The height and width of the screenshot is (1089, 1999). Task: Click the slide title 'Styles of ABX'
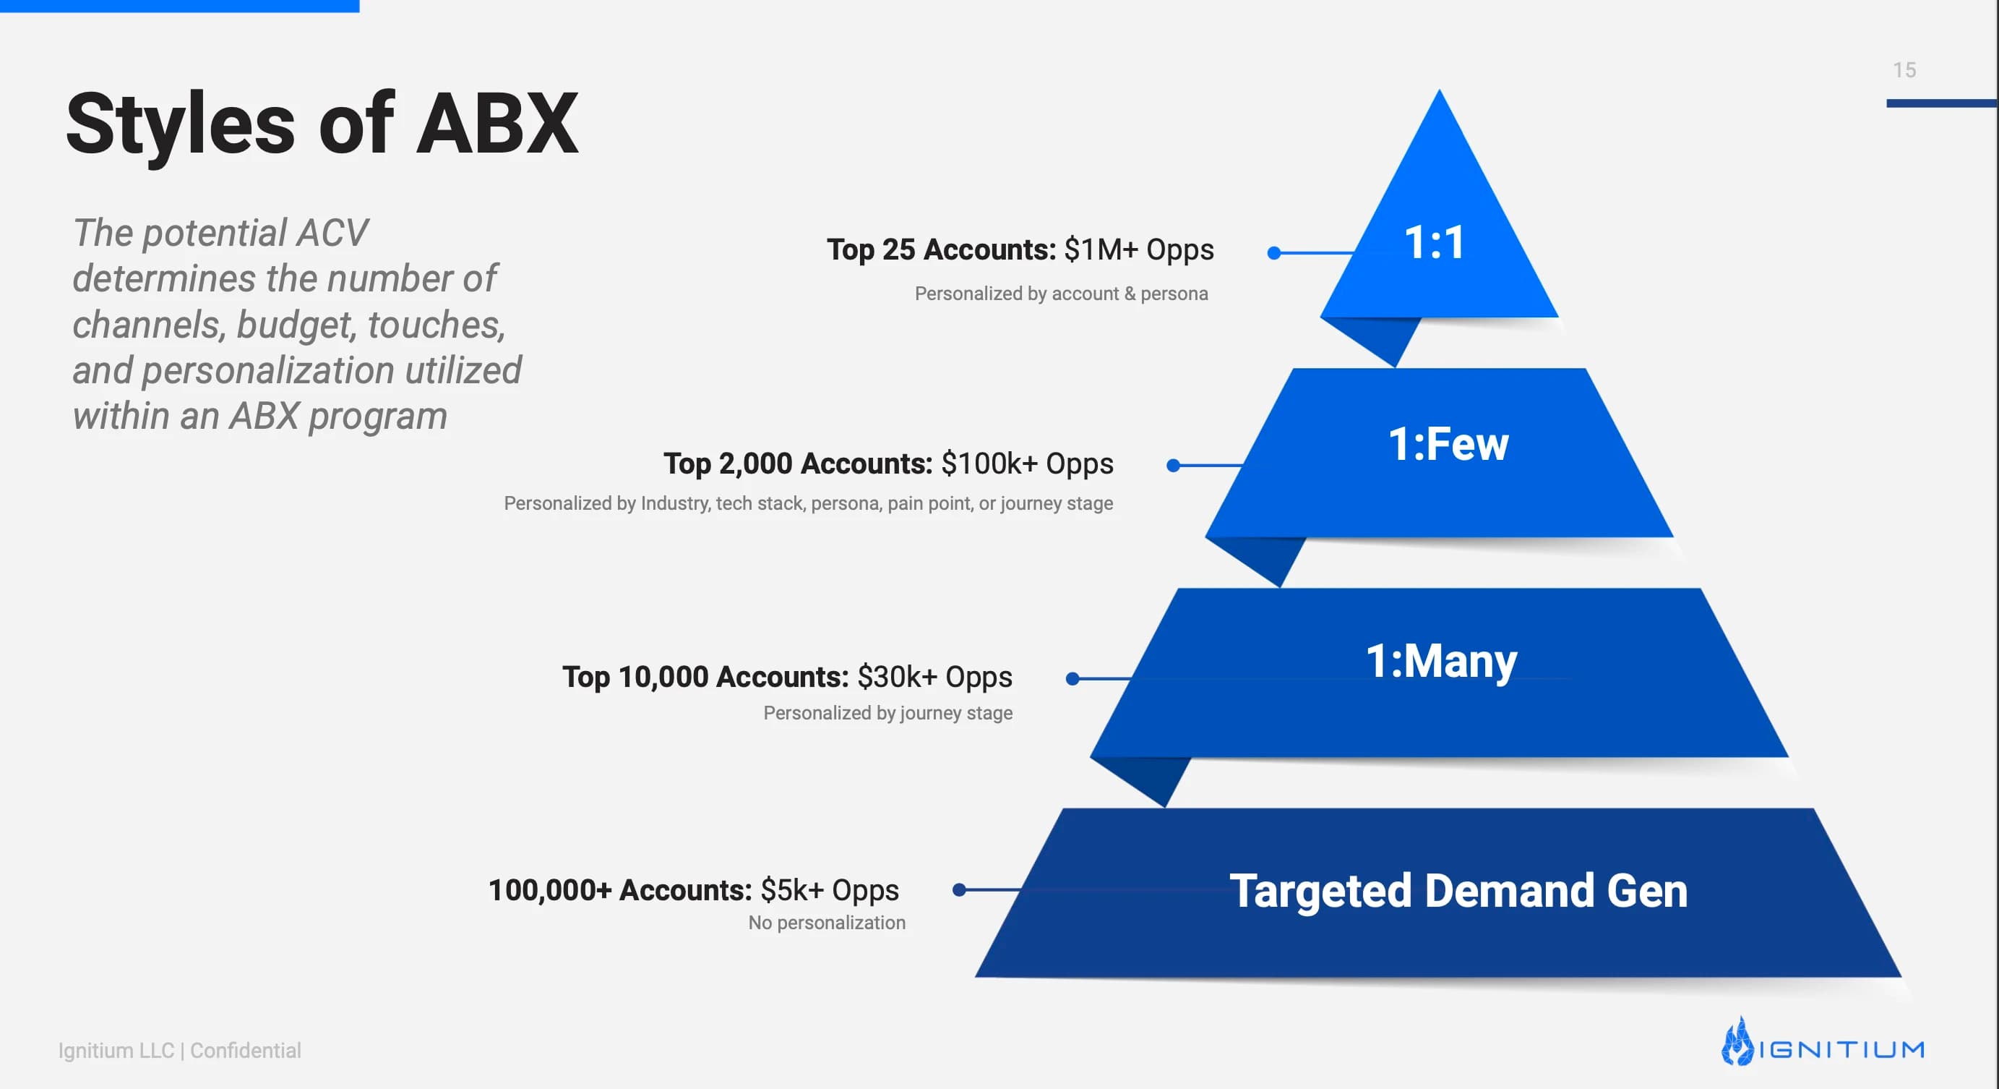tap(322, 124)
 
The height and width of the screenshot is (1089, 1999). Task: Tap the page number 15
tap(1904, 70)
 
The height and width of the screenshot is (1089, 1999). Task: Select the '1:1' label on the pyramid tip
tap(1435, 242)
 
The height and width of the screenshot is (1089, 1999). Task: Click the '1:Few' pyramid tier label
tap(1448, 444)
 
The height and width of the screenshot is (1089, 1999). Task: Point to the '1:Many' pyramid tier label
tap(1441, 662)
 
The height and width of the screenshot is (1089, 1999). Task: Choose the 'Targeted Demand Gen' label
tap(1458, 891)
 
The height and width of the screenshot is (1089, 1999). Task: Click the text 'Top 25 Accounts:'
tap(941, 250)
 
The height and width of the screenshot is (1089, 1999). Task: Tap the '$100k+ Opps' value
tap(1028, 464)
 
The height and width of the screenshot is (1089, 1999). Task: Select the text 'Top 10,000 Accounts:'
tap(705, 677)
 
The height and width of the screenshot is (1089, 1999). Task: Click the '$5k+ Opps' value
tap(830, 891)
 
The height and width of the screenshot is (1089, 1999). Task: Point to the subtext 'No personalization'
tap(827, 923)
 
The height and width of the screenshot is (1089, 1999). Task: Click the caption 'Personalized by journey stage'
tap(887, 713)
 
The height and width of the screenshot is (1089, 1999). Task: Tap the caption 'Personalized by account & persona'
tap(1061, 294)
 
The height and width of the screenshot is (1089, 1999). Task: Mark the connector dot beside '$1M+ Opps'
tap(1273, 253)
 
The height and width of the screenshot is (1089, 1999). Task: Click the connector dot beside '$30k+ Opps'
tap(1072, 679)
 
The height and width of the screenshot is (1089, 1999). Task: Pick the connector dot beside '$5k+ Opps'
tap(959, 890)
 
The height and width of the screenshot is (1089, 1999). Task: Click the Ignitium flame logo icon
tap(1737, 1042)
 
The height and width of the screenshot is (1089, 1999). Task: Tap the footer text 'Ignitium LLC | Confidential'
tap(179, 1051)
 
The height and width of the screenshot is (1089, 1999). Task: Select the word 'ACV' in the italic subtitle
tap(332, 233)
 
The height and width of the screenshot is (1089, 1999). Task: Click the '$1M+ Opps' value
tap(1139, 250)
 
